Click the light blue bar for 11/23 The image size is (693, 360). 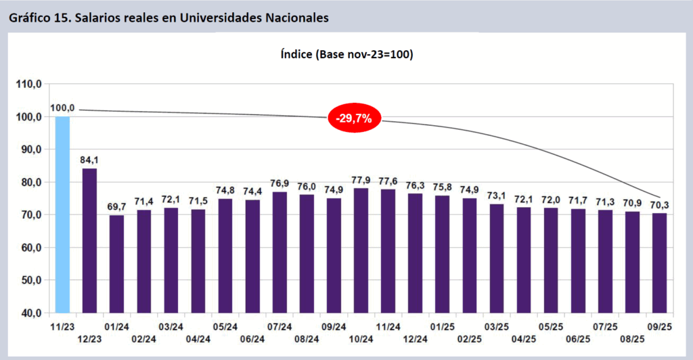(62, 214)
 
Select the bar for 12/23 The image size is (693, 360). (89, 240)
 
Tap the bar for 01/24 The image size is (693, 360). (116, 264)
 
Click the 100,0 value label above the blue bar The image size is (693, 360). (62, 108)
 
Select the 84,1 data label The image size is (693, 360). (89, 160)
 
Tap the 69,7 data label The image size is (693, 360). (116, 207)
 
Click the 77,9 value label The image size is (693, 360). (361, 180)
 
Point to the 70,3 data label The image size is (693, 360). (659, 205)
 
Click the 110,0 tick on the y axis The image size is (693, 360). (29, 84)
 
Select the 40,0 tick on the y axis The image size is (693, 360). (29, 313)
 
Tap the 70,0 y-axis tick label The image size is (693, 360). (29, 215)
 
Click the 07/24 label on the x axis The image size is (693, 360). (280, 326)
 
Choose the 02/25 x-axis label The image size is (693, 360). (470, 339)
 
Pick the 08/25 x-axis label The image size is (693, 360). (632, 339)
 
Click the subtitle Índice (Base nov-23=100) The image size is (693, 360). (346, 54)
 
